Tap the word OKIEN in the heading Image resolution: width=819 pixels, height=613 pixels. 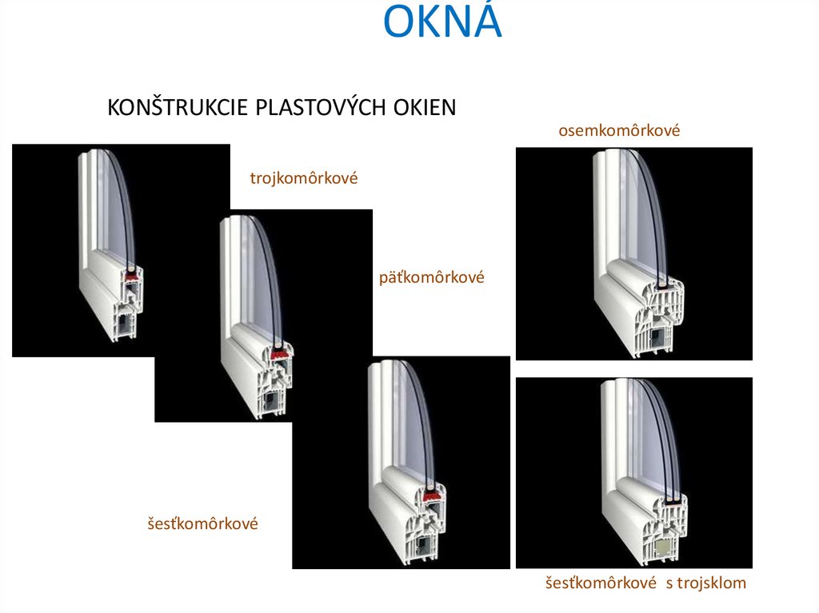pos(424,107)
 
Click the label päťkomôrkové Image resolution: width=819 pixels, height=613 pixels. pos(432,279)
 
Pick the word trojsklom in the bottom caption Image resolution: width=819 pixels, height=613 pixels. pos(710,583)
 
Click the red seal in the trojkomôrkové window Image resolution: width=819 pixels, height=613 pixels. pos(130,277)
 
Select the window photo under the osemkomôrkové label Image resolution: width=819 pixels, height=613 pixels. pos(633,253)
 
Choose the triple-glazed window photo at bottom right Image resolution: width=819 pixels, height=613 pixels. pos(633,472)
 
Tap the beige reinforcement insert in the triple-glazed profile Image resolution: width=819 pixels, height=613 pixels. pos(663,547)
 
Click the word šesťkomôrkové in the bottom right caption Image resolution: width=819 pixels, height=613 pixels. pos(601,583)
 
